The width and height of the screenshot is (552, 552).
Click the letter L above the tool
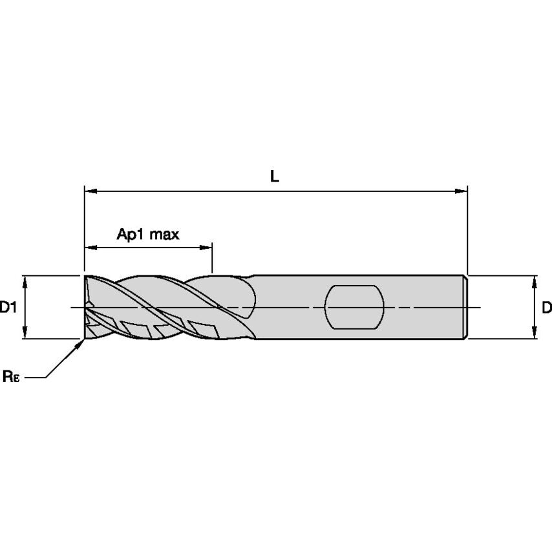pyautogui.click(x=275, y=176)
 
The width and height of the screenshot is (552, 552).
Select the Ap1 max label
pyautogui.click(x=148, y=234)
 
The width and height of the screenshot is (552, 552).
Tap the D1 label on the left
pyautogui.click(x=8, y=308)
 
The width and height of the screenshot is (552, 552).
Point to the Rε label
pyautogui.click(x=11, y=376)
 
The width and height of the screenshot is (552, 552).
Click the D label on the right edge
pyautogui.click(x=547, y=308)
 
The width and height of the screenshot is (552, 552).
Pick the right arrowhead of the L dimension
pyautogui.click(x=461, y=191)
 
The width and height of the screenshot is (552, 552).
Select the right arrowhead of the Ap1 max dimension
pyautogui.click(x=206, y=248)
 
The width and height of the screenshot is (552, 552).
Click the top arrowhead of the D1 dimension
pyautogui.click(x=25, y=282)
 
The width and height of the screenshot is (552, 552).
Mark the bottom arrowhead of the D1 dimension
pyautogui.click(x=25, y=333)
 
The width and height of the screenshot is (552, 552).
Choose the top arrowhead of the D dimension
pyautogui.click(x=535, y=282)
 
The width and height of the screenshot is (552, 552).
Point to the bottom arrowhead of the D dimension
pyautogui.click(x=535, y=333)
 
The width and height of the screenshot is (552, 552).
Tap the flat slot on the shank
pyautogui.click(x=354, y=307)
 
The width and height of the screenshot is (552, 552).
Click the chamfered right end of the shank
pyautogui.click(x=465, y=307)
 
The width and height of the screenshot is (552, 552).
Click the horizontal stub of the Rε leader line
pyautogui.click(x=36, y=377)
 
